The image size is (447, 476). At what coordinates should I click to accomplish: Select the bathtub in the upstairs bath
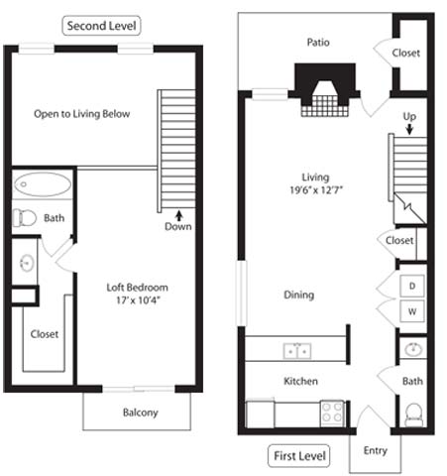pyautogui.click(x=43, y=184)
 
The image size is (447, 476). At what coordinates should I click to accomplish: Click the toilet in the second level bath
pyautogui.click(x=26, y=217)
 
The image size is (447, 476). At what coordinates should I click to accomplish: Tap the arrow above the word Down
pyautogui.click(x=178, y=212)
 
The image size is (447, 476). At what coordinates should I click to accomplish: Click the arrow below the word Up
pyautogui.click(x=408, y=129)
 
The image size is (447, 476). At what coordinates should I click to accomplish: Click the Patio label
pyautogui.click(x=317, y=43)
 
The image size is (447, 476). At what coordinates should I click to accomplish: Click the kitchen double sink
pyautogui.click(x=294, y=350)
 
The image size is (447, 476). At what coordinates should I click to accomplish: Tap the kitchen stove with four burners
pyautogui.click(x=332, y=412)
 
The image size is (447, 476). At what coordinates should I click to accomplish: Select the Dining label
pyautogui.click(x=299, y=295)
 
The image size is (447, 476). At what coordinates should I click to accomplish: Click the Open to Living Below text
pyautogui.click(x=81, y=114)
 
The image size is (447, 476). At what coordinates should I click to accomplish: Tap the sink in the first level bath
pyautogui.click(x=413, y=350)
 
